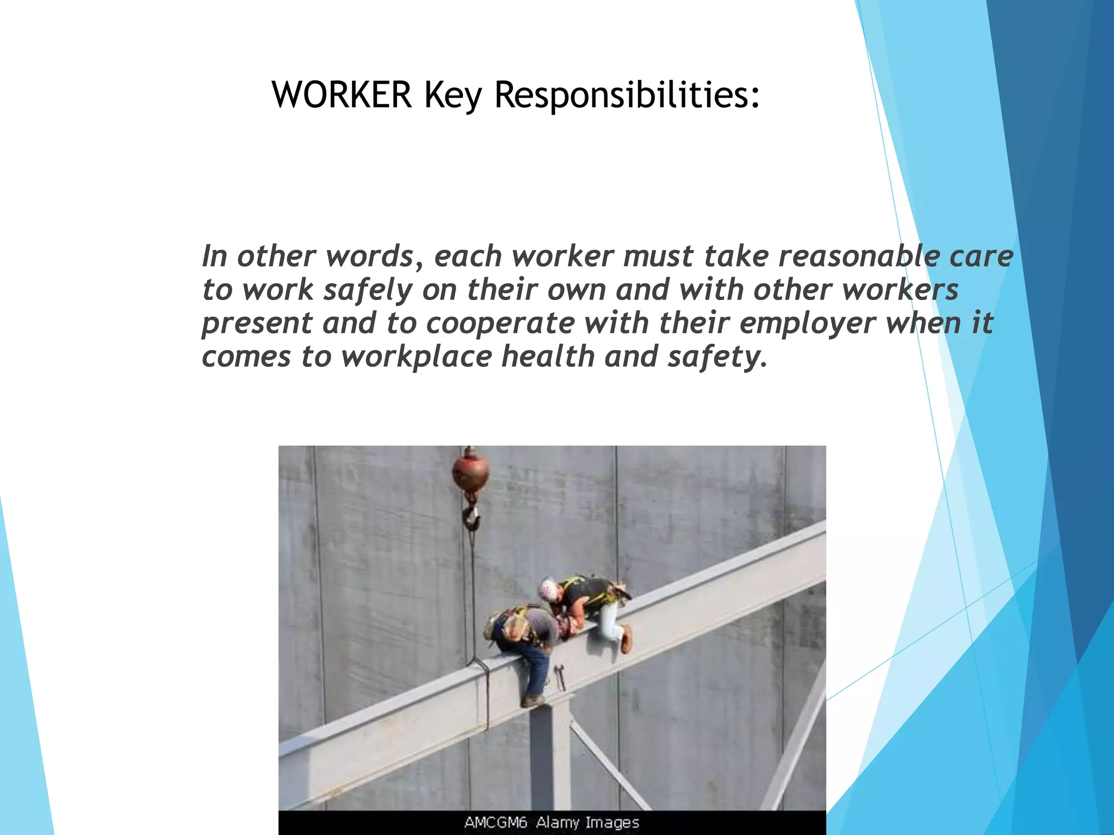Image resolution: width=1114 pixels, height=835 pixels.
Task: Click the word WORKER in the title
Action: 342,95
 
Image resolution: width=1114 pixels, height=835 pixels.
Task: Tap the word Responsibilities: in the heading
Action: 627,95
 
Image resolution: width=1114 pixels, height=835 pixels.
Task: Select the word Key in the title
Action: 453,96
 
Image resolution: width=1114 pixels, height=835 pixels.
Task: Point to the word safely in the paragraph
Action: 368,290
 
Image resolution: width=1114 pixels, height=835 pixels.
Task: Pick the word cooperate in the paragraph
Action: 500,323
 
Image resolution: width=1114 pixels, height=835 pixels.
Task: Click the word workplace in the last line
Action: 416,357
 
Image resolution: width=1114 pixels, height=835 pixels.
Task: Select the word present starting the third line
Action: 257,323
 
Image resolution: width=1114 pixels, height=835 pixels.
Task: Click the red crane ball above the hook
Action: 471,473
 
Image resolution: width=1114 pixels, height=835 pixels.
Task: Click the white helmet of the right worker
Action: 548,588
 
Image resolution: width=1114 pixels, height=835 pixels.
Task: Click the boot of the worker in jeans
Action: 532,700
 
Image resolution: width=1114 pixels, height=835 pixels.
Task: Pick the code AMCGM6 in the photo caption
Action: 496,822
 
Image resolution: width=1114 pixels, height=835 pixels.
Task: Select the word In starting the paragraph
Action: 214,256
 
